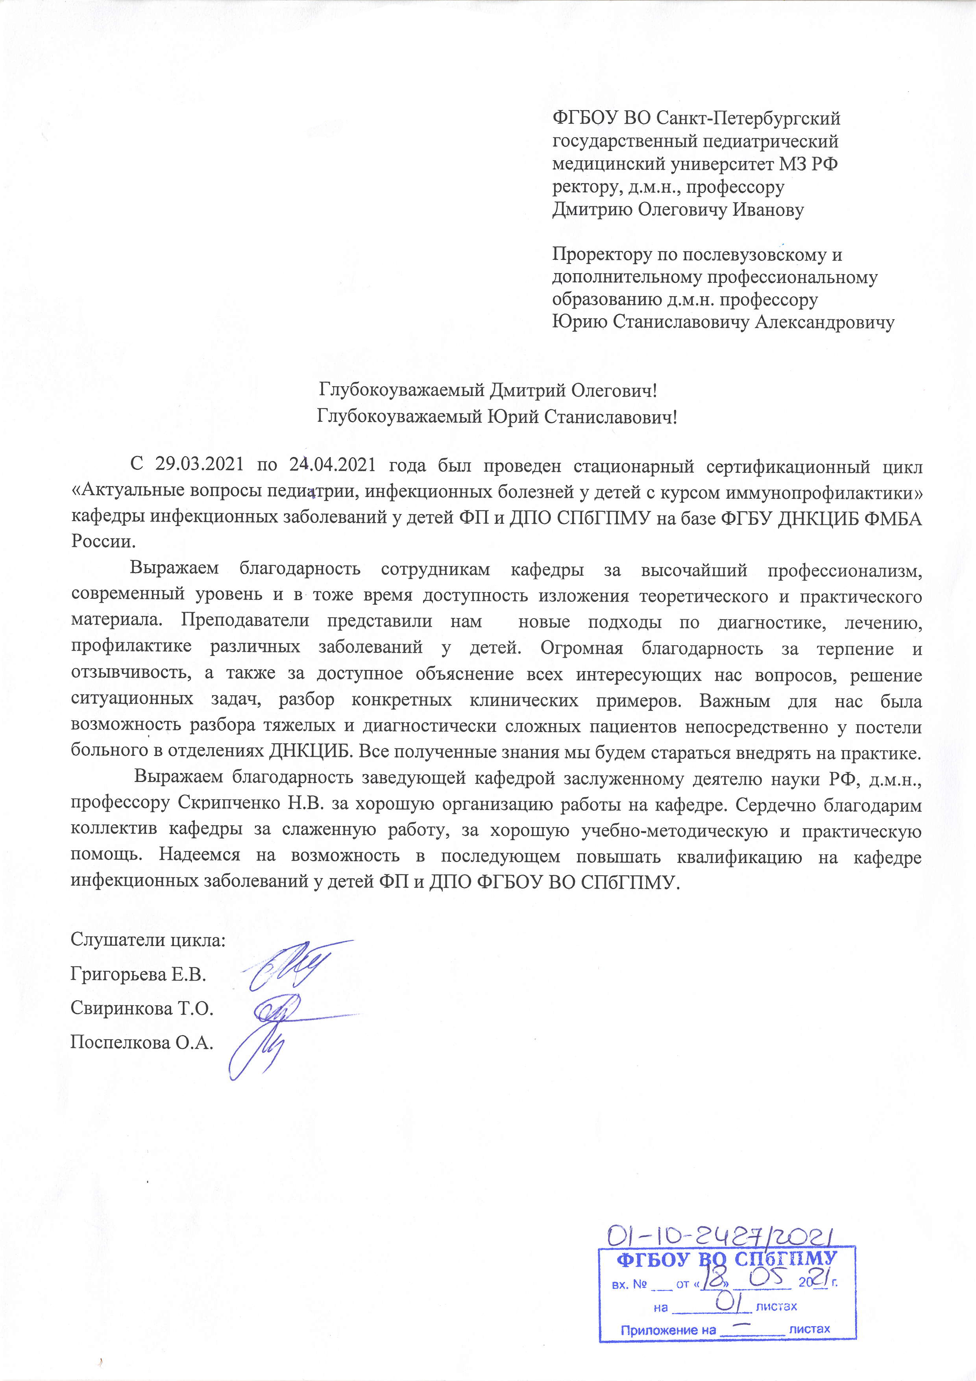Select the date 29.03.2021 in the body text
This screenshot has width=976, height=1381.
coord(199,465)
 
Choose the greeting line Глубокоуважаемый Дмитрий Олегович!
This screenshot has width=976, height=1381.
coord(488,391)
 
